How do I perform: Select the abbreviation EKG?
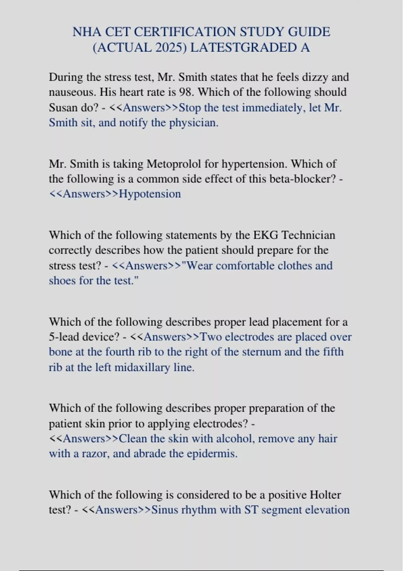point(265,235)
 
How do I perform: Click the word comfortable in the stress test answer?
point(249,266)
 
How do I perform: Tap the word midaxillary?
point(142,367)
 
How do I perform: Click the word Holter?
point(325,495)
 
